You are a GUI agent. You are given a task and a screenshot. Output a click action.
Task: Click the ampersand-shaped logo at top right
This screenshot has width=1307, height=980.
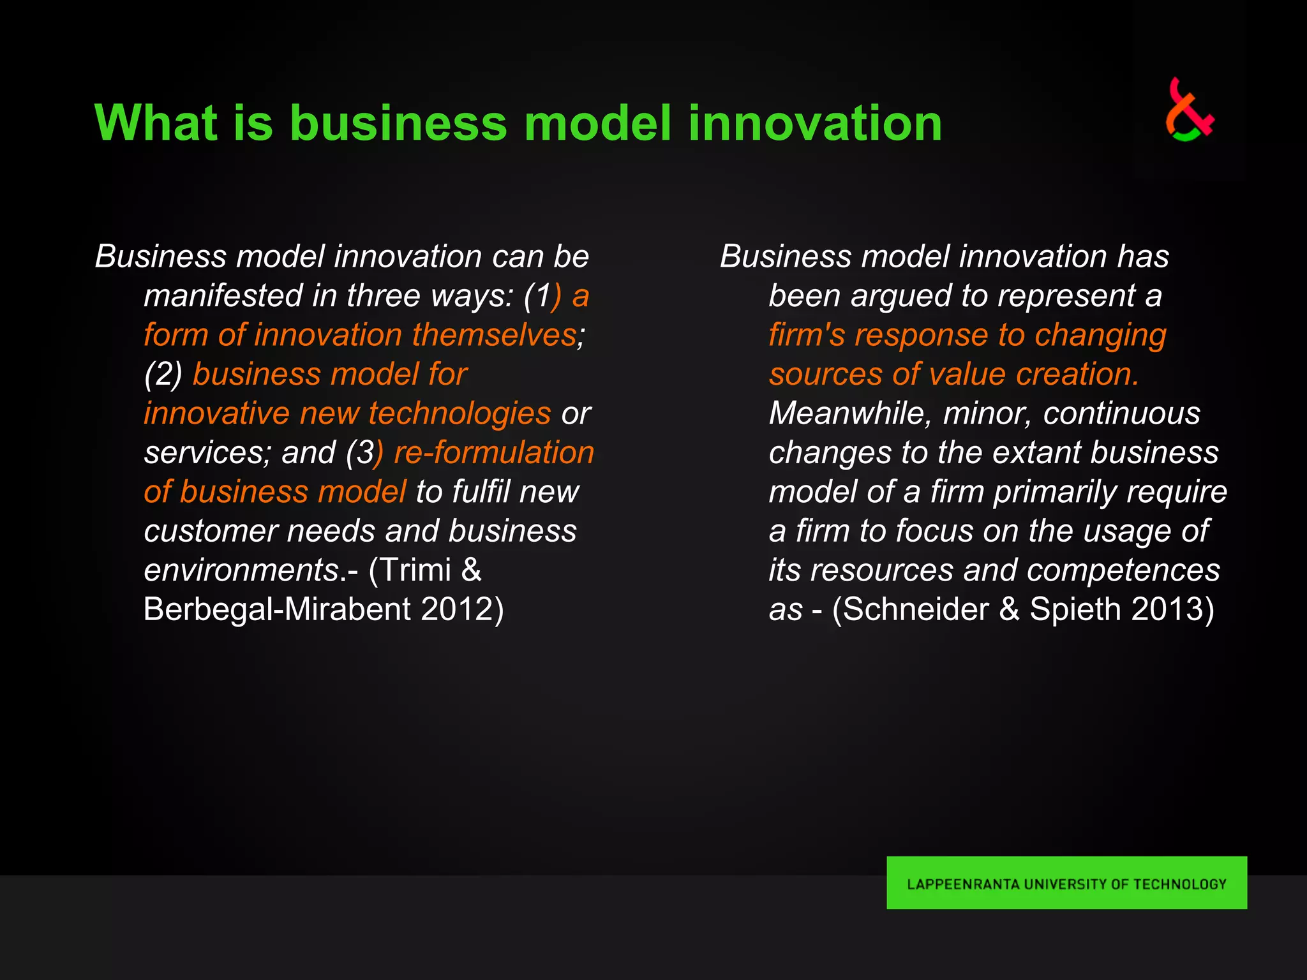1189,110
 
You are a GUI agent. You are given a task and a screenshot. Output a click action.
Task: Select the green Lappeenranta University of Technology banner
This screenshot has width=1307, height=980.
1066,883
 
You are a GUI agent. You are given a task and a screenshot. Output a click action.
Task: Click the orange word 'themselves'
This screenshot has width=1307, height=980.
494,335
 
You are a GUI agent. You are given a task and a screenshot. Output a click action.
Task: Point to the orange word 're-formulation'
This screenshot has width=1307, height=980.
494,452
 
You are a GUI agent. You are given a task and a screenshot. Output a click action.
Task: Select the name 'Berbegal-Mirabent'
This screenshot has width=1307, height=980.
277,609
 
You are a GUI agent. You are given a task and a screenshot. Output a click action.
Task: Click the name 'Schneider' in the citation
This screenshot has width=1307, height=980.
915,609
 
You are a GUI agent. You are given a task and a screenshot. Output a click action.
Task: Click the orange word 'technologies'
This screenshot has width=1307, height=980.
459,413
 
